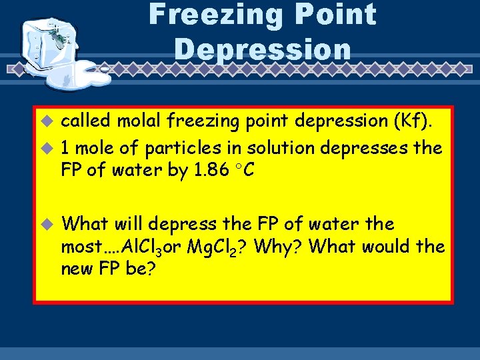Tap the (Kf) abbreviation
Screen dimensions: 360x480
(416, 122)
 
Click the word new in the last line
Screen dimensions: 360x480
(76, 270)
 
